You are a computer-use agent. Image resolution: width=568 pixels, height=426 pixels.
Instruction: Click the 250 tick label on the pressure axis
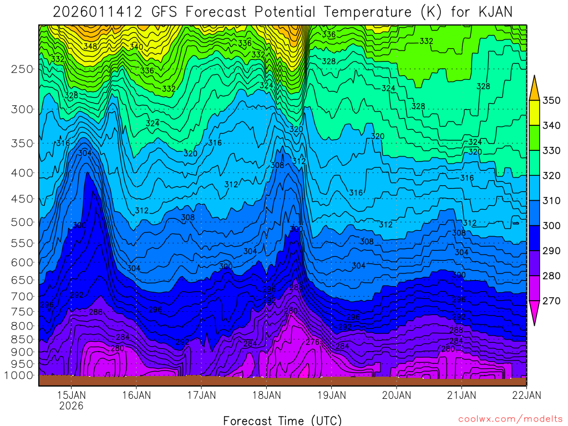23,69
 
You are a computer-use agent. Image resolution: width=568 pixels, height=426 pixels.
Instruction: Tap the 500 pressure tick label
23,222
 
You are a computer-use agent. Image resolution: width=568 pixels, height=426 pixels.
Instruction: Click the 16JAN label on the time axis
136,395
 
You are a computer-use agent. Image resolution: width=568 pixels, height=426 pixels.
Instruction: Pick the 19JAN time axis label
332,395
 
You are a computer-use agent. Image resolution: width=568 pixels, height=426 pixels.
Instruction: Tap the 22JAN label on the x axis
526,395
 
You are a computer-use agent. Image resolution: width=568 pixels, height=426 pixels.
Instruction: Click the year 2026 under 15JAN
72,406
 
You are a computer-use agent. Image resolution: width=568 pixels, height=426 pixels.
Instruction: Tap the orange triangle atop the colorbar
535,89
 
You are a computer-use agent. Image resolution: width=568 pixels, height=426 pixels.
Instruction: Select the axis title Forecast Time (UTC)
283,420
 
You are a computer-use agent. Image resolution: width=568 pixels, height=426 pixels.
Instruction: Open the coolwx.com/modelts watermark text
510,419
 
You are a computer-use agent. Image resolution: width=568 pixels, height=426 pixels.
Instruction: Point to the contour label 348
90,46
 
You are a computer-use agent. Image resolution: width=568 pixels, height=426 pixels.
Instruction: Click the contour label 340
136,47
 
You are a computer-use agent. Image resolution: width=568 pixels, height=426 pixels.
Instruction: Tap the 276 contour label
313,342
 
